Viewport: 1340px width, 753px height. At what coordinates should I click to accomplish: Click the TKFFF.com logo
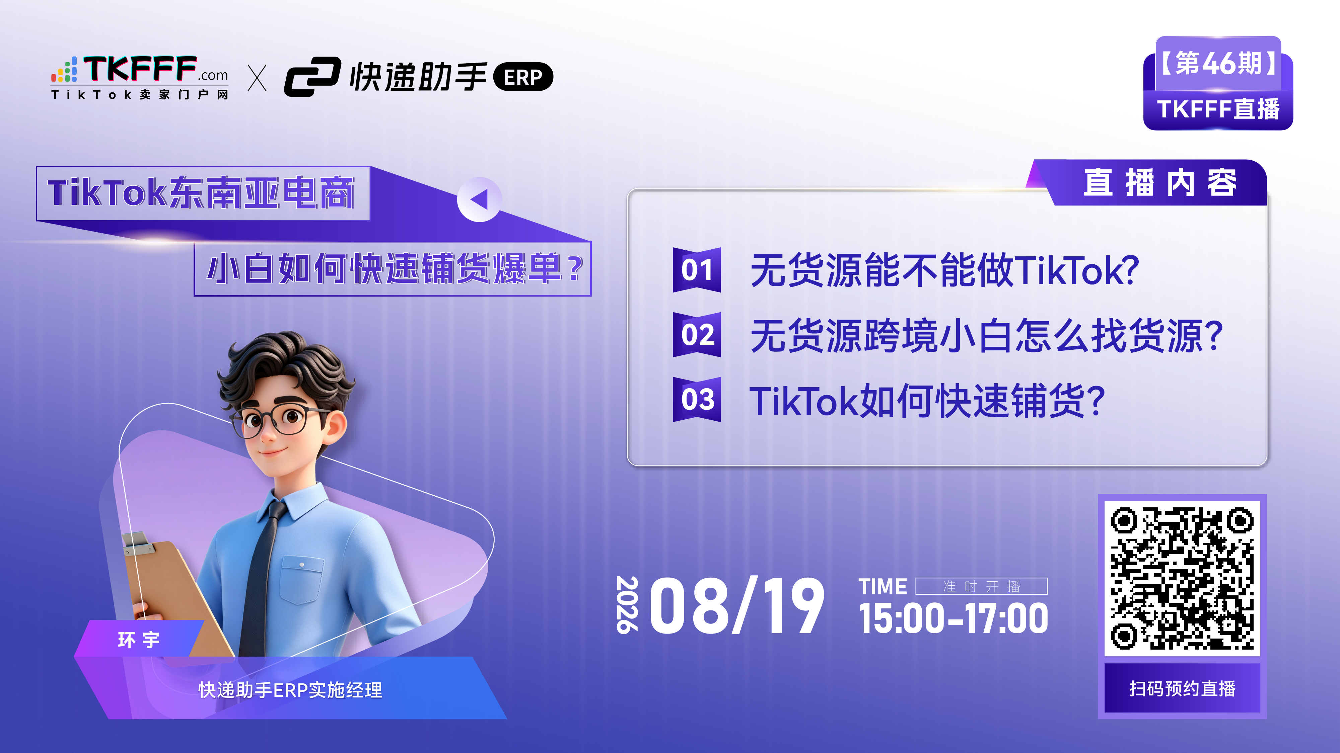point(139,77)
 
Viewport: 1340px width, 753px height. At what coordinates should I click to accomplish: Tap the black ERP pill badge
point(523,77)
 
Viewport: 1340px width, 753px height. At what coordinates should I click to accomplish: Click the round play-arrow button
point(479,199)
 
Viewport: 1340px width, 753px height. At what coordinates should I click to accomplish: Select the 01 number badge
point(697,270)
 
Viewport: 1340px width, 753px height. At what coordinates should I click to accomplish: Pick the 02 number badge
point(697,335)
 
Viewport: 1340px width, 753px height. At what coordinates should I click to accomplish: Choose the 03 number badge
point(697,399)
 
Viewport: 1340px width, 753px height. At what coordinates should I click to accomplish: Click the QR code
point(1182,578)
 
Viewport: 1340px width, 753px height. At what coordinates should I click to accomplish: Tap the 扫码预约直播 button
point(1182,688)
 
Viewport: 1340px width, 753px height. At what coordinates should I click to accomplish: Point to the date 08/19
point(736,606)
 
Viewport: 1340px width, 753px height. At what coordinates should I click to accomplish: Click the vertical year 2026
point(627,605)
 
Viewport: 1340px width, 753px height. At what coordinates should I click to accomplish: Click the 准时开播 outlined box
point(981,586)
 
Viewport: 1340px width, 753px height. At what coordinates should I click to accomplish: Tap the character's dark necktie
point(265,577)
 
